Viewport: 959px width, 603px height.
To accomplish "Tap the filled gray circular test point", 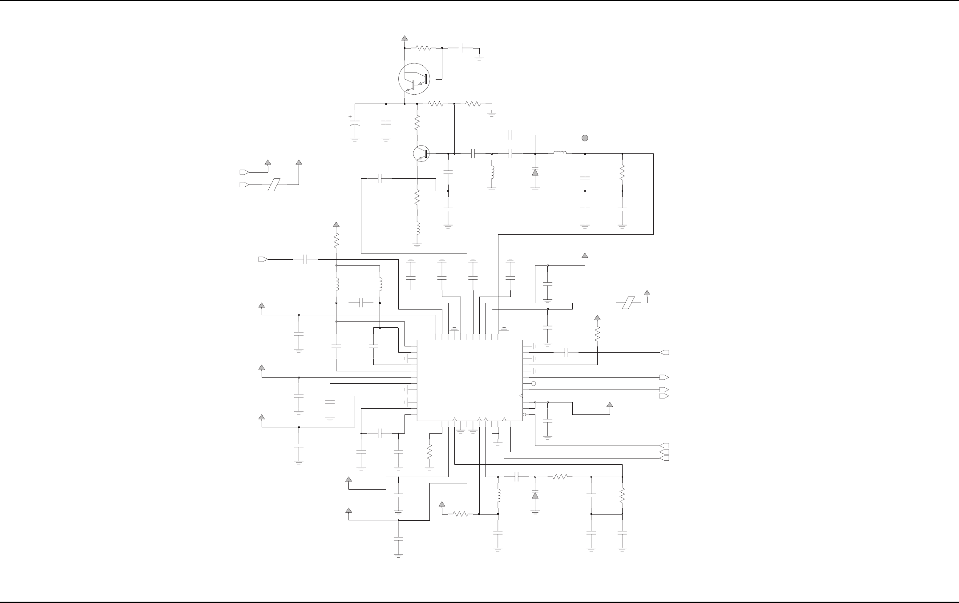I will pos(585,138).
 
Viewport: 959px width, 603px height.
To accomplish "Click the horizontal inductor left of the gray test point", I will pos(560,154).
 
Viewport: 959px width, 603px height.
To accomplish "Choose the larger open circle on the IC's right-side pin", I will pos(534,383).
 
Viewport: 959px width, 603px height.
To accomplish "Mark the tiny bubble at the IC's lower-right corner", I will pos(524,415).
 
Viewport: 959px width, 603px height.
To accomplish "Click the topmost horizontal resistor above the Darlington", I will pos(423,48).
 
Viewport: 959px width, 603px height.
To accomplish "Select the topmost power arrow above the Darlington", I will pos(405,38).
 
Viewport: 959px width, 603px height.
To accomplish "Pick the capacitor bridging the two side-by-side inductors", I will pos(361,303).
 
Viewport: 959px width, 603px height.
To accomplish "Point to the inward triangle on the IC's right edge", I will pos(521,396).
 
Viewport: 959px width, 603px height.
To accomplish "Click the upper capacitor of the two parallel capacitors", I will pos(511,134).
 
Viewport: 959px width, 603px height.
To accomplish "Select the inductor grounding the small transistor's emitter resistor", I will pos(417,227).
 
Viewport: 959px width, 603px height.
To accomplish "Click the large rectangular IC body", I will pos(469,380).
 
